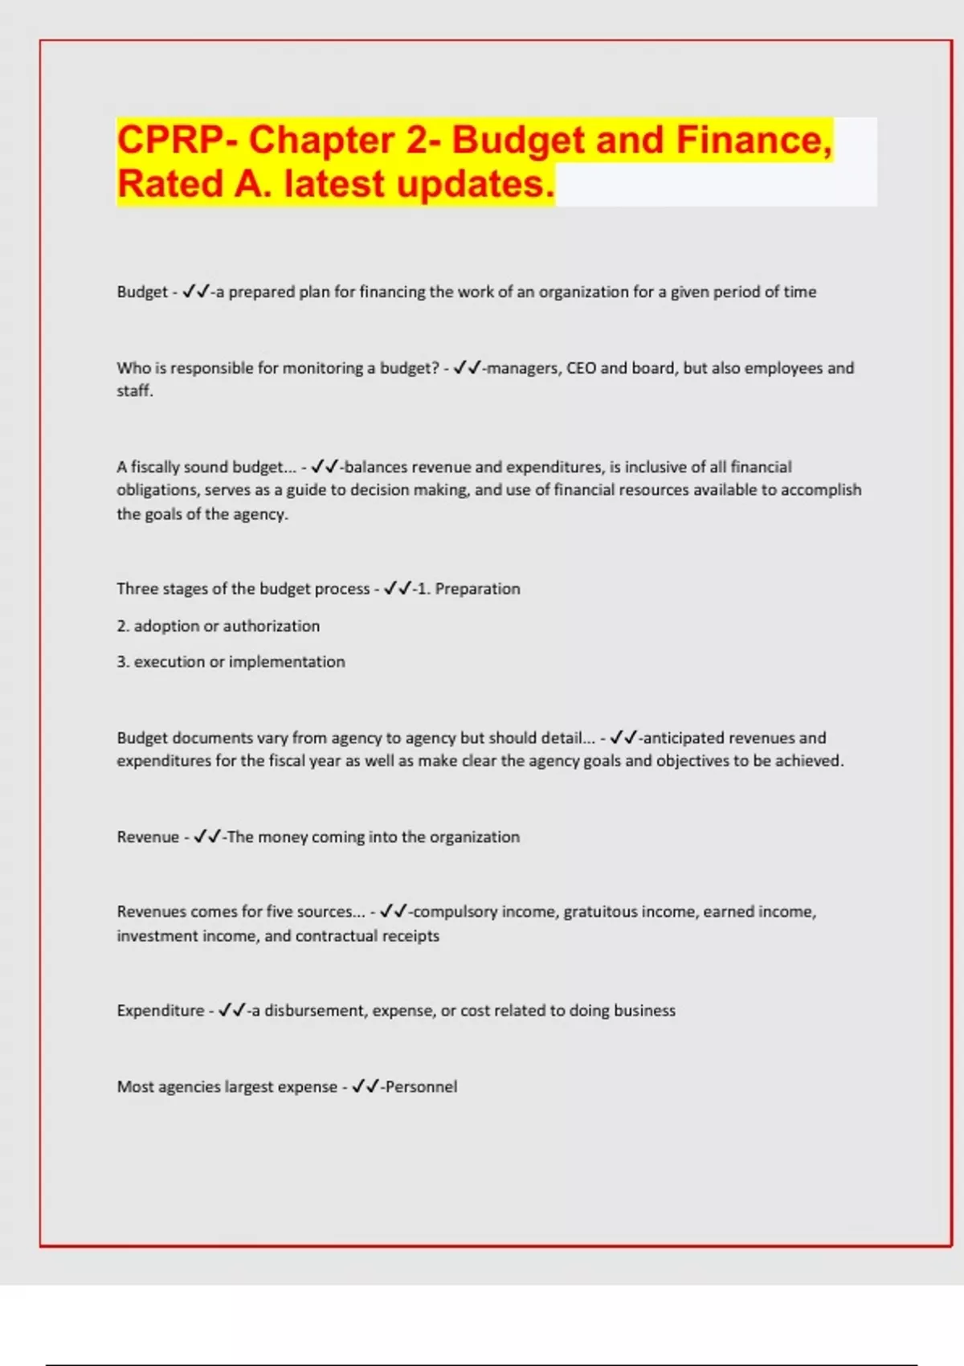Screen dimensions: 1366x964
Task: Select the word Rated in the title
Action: click(170, 184)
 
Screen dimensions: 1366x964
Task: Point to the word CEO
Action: click(581, 368)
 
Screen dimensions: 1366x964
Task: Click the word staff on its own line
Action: click(133, 391)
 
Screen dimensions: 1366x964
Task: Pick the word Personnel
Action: click(421, 1087)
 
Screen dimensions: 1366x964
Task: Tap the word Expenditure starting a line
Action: click(161, 1011)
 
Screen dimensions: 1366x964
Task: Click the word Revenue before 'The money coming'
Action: click(148, 837)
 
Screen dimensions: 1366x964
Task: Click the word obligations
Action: click(156, 490)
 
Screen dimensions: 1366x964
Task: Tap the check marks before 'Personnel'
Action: click(365, 1087)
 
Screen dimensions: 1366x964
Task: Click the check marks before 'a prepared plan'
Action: click(195, 292)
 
